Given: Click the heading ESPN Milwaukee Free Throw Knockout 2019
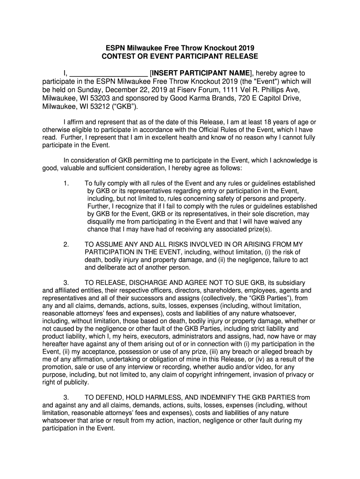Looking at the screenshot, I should coord(180,48).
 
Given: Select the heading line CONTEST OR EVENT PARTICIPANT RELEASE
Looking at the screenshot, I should coord(180,56).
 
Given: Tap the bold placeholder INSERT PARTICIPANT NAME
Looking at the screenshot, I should coord(201,73).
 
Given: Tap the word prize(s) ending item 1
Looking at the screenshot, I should coord(258,229).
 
